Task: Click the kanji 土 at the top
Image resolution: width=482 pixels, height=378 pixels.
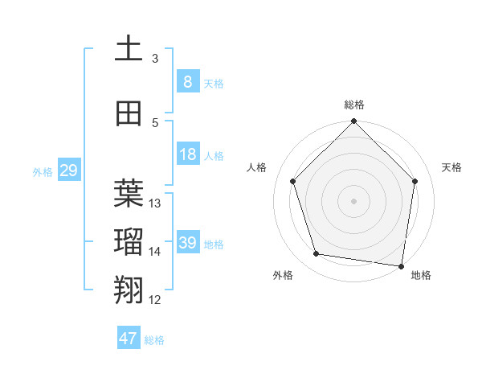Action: [129, 48]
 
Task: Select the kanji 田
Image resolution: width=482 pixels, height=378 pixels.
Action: [129, 113]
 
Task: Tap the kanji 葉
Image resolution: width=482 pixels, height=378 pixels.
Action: [129, 194]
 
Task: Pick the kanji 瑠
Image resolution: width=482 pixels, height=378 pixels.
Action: [129, 242]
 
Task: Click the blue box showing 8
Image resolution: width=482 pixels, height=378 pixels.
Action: [187, 81]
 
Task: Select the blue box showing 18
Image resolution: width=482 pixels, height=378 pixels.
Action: [187, 154]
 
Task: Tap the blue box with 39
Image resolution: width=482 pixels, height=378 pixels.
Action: [187, 243]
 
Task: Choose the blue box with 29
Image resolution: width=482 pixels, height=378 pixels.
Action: [68, 171]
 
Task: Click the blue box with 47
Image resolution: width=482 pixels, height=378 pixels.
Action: [129, 339]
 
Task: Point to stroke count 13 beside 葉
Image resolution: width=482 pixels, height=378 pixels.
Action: [155, 203]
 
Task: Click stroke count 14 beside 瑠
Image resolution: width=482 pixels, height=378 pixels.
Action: [155, 252]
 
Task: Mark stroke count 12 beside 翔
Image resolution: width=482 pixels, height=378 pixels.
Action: [155, 300]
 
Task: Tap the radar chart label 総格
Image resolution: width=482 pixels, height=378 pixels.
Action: [354, 105]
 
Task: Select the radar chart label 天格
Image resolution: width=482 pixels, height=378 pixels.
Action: [452, 167]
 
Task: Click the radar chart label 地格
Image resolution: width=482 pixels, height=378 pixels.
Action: [421, 275]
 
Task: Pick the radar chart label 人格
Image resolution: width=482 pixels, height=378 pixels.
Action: [256, 167]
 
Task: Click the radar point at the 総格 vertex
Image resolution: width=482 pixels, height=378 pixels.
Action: [353, 122]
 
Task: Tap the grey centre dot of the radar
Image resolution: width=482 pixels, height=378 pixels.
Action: [353, 200]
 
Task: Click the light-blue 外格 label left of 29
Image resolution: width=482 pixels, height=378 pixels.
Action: [42, 171]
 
